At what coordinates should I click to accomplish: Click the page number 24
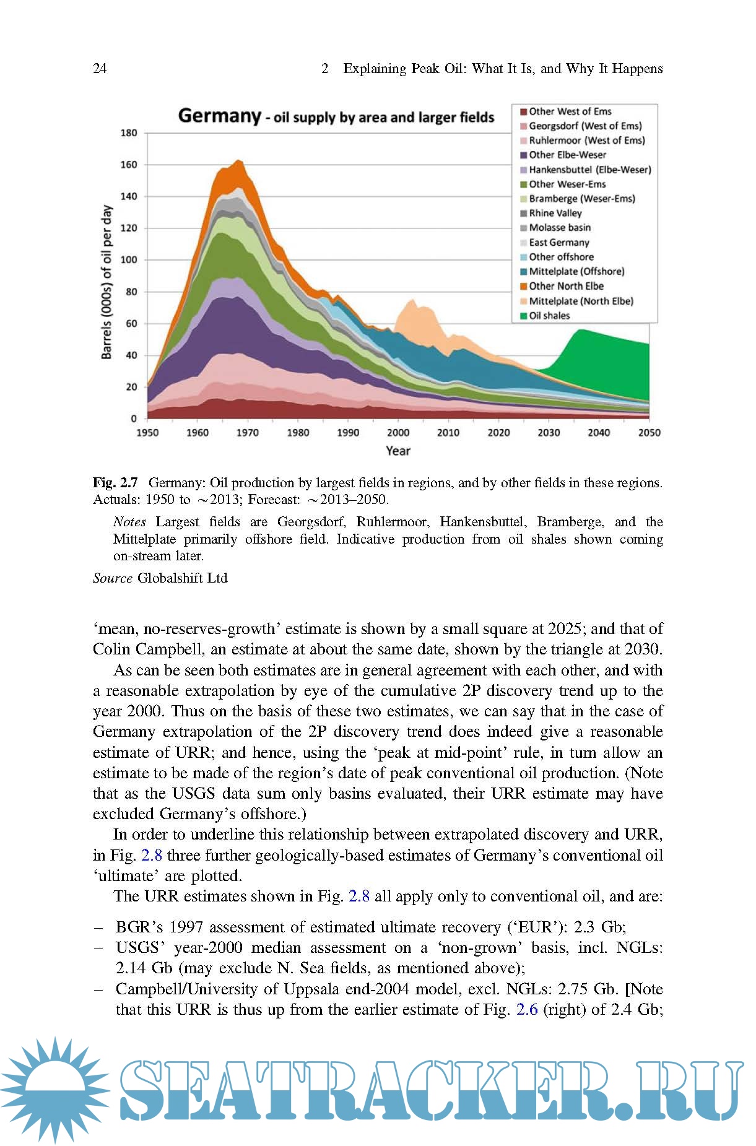100,69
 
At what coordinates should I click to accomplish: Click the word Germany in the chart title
219,116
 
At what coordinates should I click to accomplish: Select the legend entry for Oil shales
549,316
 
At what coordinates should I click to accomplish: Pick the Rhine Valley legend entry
555,213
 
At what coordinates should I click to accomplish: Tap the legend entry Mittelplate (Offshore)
576,271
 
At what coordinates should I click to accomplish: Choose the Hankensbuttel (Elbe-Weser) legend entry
589,170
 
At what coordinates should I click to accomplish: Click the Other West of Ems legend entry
570,111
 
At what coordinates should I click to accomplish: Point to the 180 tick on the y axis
129,133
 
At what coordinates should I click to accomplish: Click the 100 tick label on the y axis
129,260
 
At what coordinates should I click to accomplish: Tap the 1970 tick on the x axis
247,433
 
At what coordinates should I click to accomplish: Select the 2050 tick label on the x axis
649,433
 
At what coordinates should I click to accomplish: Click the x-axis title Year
398,451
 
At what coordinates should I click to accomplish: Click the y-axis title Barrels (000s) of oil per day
107,282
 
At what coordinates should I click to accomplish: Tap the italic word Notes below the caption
129,522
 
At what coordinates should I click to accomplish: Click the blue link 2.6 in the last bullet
526,1010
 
